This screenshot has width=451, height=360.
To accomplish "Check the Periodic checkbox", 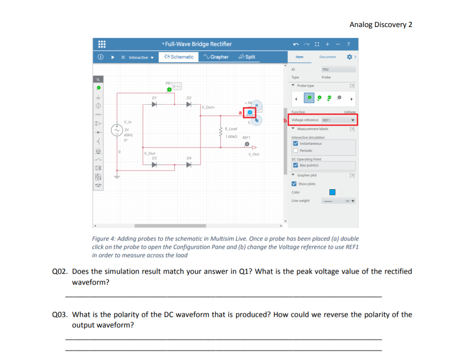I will [295, 150].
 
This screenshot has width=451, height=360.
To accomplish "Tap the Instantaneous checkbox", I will [295, 143].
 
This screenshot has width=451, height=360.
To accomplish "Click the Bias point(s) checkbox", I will [295, 165].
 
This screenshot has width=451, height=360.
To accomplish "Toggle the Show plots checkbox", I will [294, 183].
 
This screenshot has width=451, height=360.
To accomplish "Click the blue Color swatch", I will [332, 192].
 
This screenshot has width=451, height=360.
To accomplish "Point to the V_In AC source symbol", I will [116, 130].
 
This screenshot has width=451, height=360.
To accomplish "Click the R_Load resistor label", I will [231, 129].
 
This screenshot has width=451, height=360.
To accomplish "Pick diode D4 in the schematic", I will [188, 165].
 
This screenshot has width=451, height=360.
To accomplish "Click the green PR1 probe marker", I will [169, 89].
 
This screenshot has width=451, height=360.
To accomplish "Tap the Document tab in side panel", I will [327, 57].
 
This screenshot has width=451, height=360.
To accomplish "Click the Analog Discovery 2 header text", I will [380, 24].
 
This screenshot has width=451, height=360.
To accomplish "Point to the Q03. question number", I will [59, 314].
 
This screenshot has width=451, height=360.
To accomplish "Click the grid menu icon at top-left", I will [101, 44].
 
